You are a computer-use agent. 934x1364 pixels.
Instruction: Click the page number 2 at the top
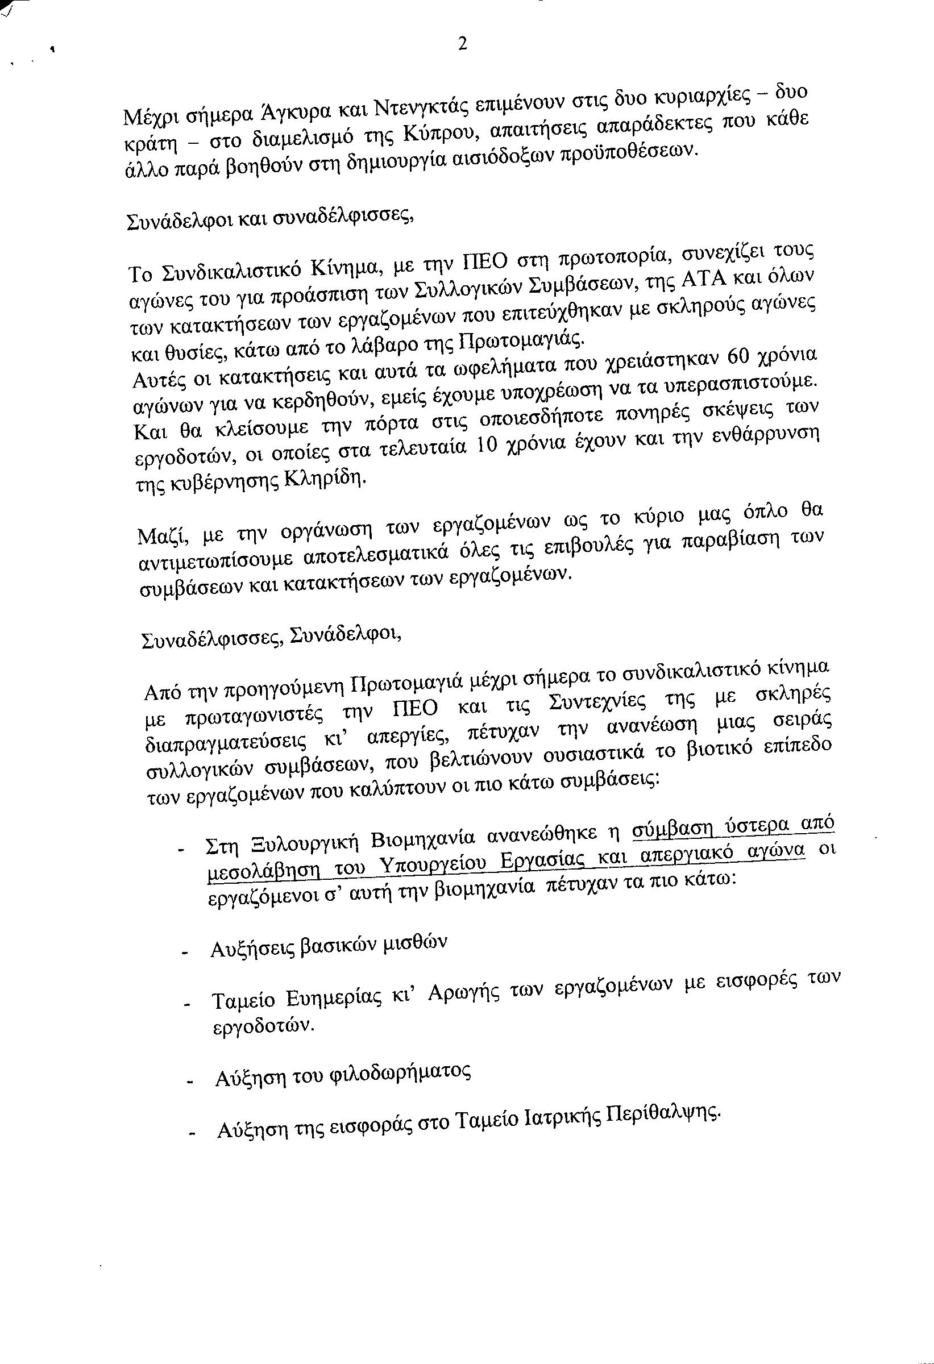click(x=462, y=44)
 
